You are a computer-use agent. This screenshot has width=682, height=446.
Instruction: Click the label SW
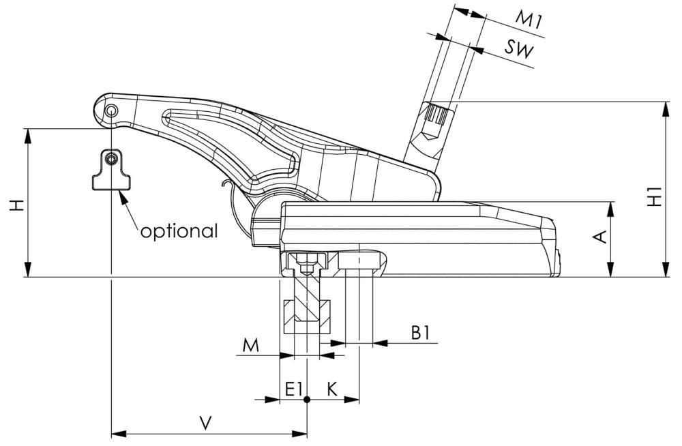pyautogui.click(x=520, y=48)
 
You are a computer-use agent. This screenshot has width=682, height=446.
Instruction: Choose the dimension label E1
pyautogui.click(x=294, y=389)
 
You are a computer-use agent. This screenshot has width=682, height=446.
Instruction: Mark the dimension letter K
pyautogui.click(x=332, y=389)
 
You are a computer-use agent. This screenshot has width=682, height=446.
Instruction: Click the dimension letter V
pyautogui.click(x=205, y=423)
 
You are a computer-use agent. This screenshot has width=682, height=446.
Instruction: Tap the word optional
pyautogui.click(x=179, y=231)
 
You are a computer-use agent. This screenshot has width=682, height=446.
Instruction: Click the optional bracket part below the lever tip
pyautogui.click(x=110, y=171)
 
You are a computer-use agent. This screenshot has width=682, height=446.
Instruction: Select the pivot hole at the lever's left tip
pyautogui.click(x=110, y=110)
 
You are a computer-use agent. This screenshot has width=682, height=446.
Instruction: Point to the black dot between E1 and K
pyautogui.click(x=307, y=400)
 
